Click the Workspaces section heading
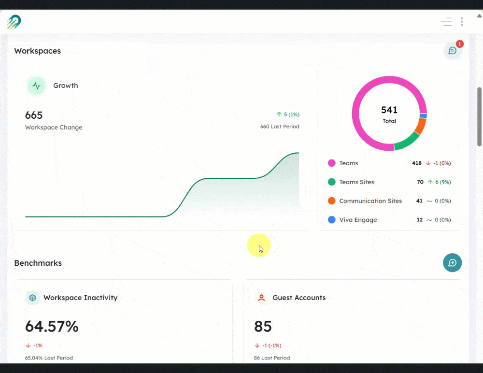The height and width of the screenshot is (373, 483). tap(37, 51)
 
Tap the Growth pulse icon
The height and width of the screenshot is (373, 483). tap(36, 86)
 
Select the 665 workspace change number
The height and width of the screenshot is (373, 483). tap(34, 115)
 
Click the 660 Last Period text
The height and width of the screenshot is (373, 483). tap(280, 127)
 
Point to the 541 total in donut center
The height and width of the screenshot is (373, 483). tap(389, 110)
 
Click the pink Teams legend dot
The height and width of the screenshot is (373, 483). tap(332, 163)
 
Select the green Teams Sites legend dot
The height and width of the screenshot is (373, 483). tap(332, 182)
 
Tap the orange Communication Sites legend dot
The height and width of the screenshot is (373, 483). tap(332, 201)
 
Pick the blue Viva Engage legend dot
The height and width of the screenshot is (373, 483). tap(332, 220)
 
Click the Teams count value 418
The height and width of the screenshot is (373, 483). tap(417, 163)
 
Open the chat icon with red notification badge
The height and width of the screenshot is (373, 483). tap(453, 50)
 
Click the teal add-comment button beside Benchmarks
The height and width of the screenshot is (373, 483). tap(453, 263)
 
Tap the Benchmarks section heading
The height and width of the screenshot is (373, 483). tap(38, 263)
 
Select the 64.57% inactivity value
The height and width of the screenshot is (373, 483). tap(52, 327)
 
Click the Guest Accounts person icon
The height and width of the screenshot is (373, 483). tap(262, 298)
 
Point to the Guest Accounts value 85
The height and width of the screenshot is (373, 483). tap(263, 327)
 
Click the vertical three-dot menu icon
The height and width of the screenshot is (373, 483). tap(462, 22)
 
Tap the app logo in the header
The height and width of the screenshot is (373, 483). tap(14, 22)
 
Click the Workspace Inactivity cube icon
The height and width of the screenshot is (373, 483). tap(33, 298)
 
